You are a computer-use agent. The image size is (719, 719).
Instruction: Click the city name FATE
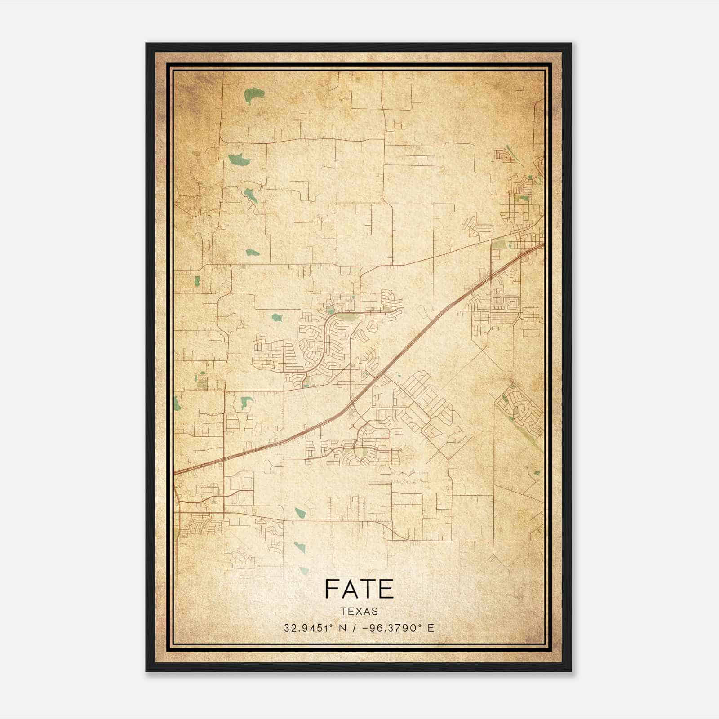tap(359, 589)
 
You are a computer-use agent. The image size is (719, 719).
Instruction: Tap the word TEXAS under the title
tap(359, 611)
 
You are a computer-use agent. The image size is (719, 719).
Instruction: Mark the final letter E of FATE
tap(386, 589)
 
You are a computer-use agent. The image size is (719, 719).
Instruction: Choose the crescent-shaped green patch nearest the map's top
tap(254, 95)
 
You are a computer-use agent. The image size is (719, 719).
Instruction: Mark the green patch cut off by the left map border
tap(177, 404)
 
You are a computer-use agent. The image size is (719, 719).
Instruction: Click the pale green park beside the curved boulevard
tap(345, 317)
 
